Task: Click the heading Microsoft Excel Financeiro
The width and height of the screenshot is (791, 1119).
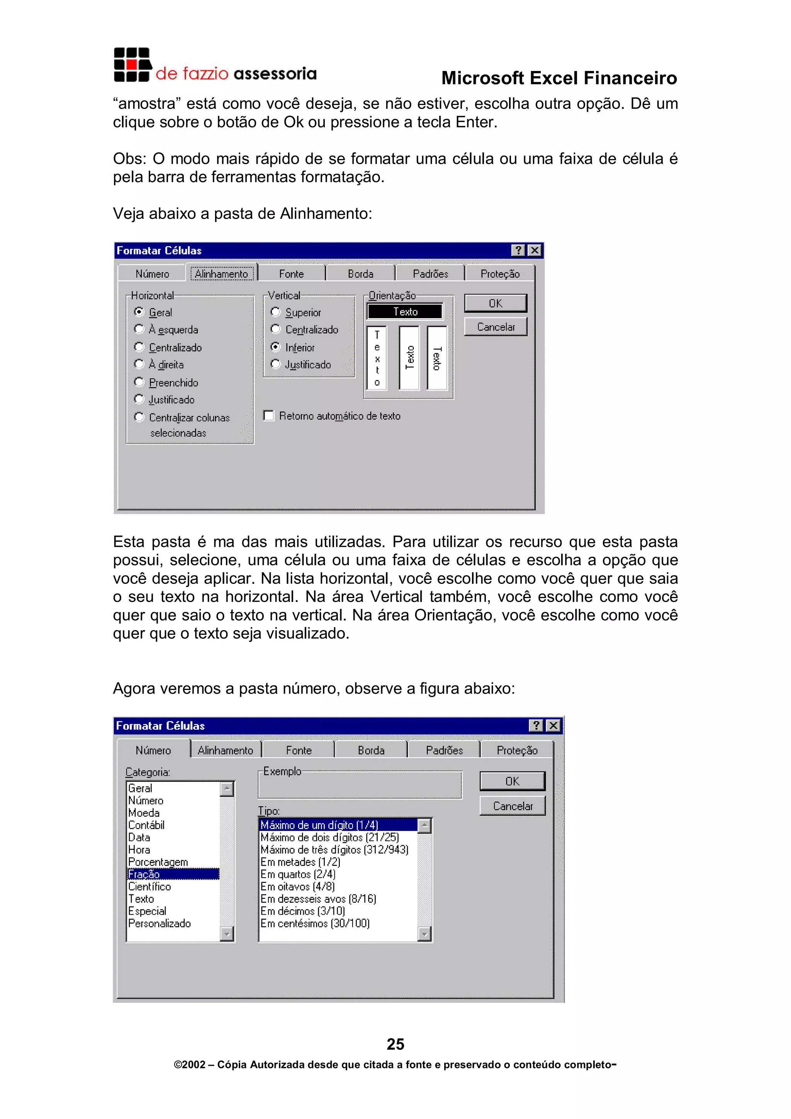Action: click(x=558, y=78)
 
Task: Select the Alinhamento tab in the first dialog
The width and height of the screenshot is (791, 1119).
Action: click(x=221, y=274)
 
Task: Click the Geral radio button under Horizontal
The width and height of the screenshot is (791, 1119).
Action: click(x=139, y=312)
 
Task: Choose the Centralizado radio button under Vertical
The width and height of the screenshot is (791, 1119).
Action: click(x=276, y=329)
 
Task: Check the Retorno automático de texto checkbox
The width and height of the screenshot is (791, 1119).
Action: click(x=268, y=416)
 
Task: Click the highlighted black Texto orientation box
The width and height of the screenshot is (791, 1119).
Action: click(x=405, y=312)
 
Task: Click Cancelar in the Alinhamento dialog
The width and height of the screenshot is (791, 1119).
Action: click(x=495, y=327)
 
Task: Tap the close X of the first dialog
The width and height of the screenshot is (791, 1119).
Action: click(x=535, y=251)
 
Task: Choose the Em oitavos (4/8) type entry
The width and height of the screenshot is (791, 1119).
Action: click(x=297, y=887)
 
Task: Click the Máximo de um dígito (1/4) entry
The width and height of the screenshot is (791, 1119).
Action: click(x=319, y=825)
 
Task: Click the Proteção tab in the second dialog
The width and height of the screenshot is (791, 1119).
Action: click(x=517, y=751)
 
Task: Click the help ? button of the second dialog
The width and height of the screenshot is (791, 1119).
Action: click(x=536, y=726)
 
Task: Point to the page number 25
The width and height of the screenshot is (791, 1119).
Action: click(x=395, y=1044)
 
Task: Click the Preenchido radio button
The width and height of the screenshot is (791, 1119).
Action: click(x=139, y=382)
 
